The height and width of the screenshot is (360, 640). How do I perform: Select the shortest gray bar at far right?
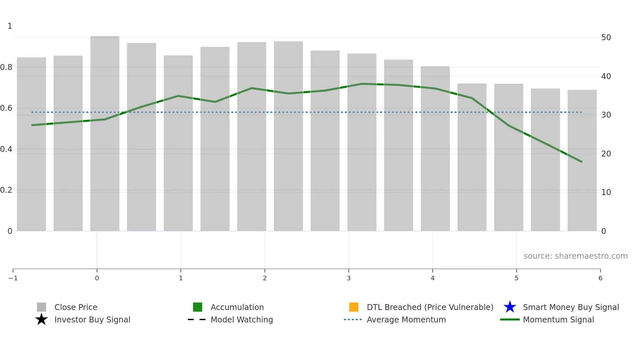582,160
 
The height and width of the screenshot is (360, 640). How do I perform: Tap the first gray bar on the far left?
31,144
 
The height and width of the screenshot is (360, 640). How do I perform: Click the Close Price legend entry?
76,307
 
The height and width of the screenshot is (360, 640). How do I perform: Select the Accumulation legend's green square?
198,307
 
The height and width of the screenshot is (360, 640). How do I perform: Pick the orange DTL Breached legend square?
354,307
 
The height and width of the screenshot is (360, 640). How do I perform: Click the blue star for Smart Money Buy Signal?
510,307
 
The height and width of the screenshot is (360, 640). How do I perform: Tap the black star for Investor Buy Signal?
41,319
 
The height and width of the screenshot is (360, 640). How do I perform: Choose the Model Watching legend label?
242,319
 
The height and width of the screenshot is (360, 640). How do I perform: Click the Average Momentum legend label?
406,319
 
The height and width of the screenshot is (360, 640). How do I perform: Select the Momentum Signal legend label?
558,319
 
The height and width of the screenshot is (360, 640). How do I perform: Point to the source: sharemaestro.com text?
575,256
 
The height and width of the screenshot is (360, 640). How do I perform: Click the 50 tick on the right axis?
606,38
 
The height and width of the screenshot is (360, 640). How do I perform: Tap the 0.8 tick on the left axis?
6,67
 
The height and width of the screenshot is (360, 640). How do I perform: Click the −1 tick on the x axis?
13,278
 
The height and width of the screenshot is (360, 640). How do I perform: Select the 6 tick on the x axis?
600,278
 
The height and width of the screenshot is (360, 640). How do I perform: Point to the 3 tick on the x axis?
348,278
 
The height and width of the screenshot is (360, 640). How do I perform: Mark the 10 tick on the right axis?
606,192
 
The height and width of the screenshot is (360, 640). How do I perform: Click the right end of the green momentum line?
582,162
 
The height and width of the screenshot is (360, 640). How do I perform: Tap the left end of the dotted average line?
32,112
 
